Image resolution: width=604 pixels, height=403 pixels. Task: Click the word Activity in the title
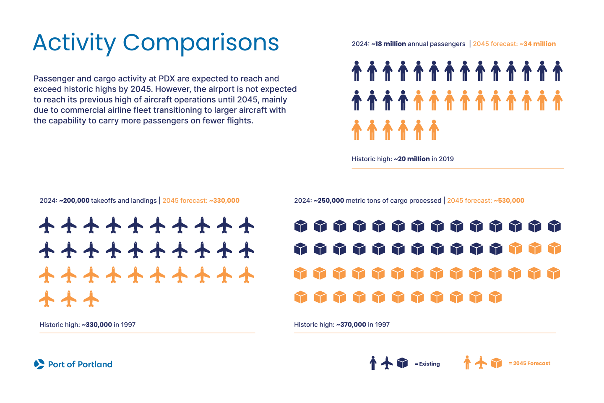(74, 43)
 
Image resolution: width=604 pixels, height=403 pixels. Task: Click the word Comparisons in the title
(200, 43)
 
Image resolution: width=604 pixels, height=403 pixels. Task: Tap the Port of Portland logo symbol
(39, 364)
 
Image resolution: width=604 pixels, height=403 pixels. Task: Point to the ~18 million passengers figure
(388, 44)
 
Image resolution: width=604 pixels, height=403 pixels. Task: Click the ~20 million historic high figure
(411, 159)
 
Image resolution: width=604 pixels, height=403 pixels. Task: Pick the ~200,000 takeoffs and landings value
(74, 201)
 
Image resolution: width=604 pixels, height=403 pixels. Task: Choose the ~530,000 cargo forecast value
(509, 201)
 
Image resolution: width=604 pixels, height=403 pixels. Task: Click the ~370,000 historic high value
(351, 324)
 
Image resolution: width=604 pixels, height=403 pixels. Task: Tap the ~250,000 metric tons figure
(329, 201)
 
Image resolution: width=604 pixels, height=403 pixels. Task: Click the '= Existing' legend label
(427, 364)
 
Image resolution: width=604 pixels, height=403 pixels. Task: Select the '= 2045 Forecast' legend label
(529, 364)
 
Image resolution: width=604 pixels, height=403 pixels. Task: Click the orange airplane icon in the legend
(481, 363)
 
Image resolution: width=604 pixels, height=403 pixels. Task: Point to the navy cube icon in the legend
(402, 363)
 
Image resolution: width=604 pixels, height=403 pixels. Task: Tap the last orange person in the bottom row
(434, 130)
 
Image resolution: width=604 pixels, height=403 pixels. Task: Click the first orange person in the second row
(418, 100)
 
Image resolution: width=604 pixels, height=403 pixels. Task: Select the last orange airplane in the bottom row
(91, 299)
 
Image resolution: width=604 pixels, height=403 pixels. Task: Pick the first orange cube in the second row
(515, 249)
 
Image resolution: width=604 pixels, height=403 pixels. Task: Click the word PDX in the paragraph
(167, 79)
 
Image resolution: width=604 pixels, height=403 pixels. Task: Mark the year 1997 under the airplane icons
(128, 324)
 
